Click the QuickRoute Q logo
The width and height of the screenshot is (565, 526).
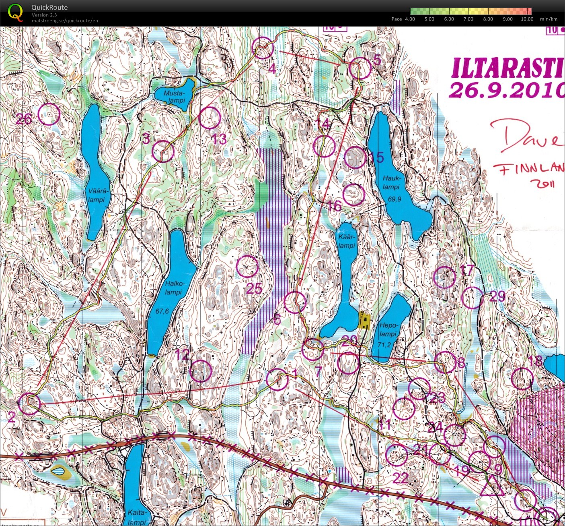coord(15,12)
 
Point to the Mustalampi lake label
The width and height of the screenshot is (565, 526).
coord(174,97)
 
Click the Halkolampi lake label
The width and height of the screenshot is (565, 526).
coord(173,288)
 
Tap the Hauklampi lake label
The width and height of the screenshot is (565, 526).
coord(391,182)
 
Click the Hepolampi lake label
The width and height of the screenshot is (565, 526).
coord(388,329)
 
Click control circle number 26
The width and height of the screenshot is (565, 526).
coord(49,114)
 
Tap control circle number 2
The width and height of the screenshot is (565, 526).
coord(30,404)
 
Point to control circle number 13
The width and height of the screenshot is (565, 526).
coord(210,118)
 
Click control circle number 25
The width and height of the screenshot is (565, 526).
coord(247,267)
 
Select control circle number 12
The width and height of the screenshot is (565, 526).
coord(200,371)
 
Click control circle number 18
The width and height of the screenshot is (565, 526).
coord(523,378)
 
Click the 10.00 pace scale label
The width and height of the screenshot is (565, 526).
coord(527,19)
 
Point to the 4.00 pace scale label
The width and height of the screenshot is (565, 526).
coord(410,19)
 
